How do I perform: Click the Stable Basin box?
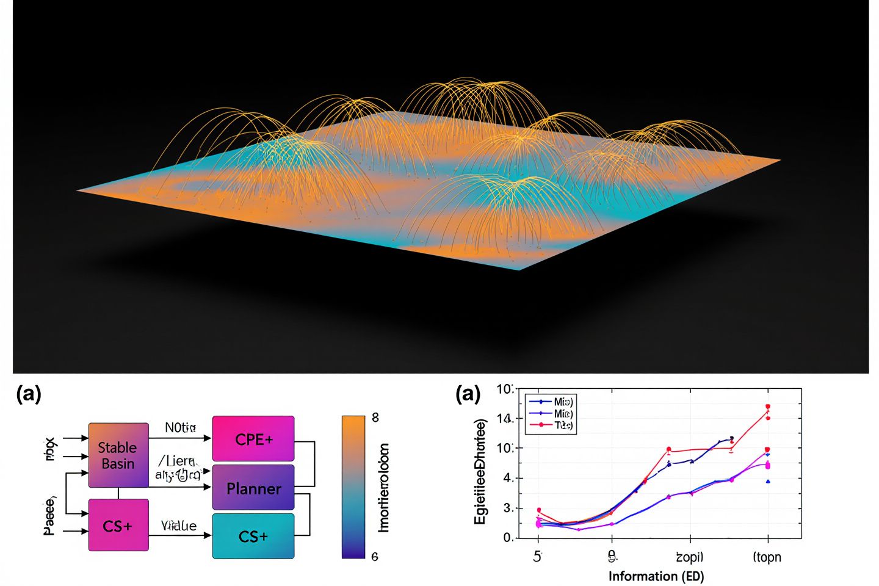point(118,455)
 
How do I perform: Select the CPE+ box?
point(253,439)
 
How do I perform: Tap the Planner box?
point(253,488)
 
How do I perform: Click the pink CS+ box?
point(118,525)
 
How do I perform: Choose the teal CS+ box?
point(253,536)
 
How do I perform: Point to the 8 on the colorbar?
point(375,418)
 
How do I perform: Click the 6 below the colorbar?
point(375,556)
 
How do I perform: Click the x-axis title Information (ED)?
point(656,576)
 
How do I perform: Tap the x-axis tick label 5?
point(537,557)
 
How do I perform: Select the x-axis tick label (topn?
point(767,557)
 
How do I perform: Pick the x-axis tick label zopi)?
point(689,557)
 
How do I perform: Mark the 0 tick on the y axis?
point(508,538)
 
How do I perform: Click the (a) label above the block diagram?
point(28,394)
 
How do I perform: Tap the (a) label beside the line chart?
point(468,394)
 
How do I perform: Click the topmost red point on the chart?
point(768,407)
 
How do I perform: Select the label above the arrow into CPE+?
point(180,427)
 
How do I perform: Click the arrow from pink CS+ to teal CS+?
point(180,535)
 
